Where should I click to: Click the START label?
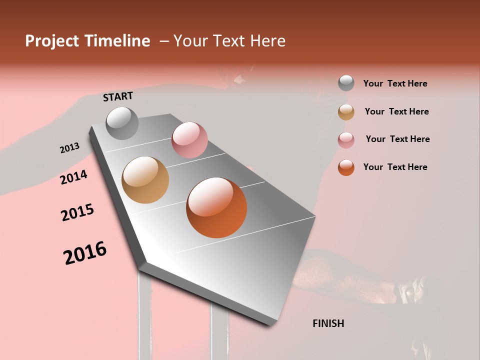[x=118, y=96]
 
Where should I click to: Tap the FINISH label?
[x=328, y=323]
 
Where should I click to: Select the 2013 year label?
[x=69, y=148]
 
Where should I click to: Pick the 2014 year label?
[x=73, y=177]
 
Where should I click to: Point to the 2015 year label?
[x=77, y=212]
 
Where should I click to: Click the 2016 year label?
[x=85, y=252]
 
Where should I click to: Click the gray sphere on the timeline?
[x=122, y=123]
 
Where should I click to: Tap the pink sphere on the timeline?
[x=189, y=140]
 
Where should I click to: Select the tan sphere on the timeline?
[x=145, y=180]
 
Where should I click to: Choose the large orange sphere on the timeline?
[x=216, y=207]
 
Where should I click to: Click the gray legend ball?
[x=346, y=83]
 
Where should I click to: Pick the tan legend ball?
[x=346, y=111]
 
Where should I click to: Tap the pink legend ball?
[x=346, y=139]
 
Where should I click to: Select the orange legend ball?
[x=346, y=167]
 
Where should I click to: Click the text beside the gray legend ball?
[x=395, y=83]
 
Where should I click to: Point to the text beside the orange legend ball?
[x=395, y=167]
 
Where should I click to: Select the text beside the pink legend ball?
[x=397, y=139]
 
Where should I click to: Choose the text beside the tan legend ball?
[x=396, y=111]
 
